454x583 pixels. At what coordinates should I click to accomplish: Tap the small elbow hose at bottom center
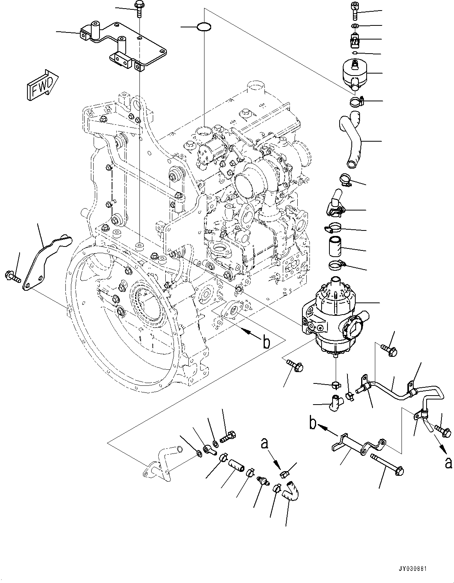[x=292, y=491]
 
